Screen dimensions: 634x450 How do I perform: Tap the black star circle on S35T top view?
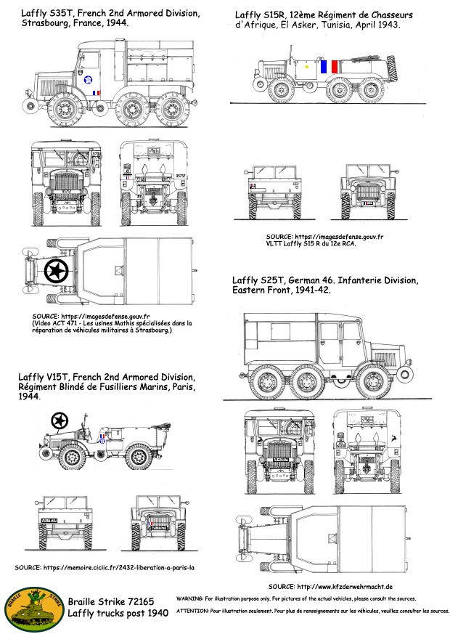(57, 272)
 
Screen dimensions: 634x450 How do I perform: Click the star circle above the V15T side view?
(60, 420)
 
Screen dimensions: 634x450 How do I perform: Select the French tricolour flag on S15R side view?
(324, 67)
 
